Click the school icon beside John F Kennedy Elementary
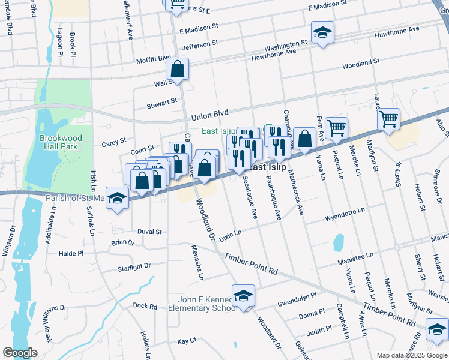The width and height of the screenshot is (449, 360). [243, 296]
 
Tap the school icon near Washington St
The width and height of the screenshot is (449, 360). [322, 34]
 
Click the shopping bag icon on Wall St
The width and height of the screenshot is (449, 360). [178, 70]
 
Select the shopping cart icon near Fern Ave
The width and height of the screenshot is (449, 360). [337, 128]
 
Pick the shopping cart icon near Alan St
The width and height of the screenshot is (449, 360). [389, 119]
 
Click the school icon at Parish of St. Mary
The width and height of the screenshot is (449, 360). [117, 200]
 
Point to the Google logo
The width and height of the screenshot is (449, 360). [20, 353]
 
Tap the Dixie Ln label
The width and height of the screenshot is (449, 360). [230, 235]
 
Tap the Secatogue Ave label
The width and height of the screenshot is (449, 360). [251, 201]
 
